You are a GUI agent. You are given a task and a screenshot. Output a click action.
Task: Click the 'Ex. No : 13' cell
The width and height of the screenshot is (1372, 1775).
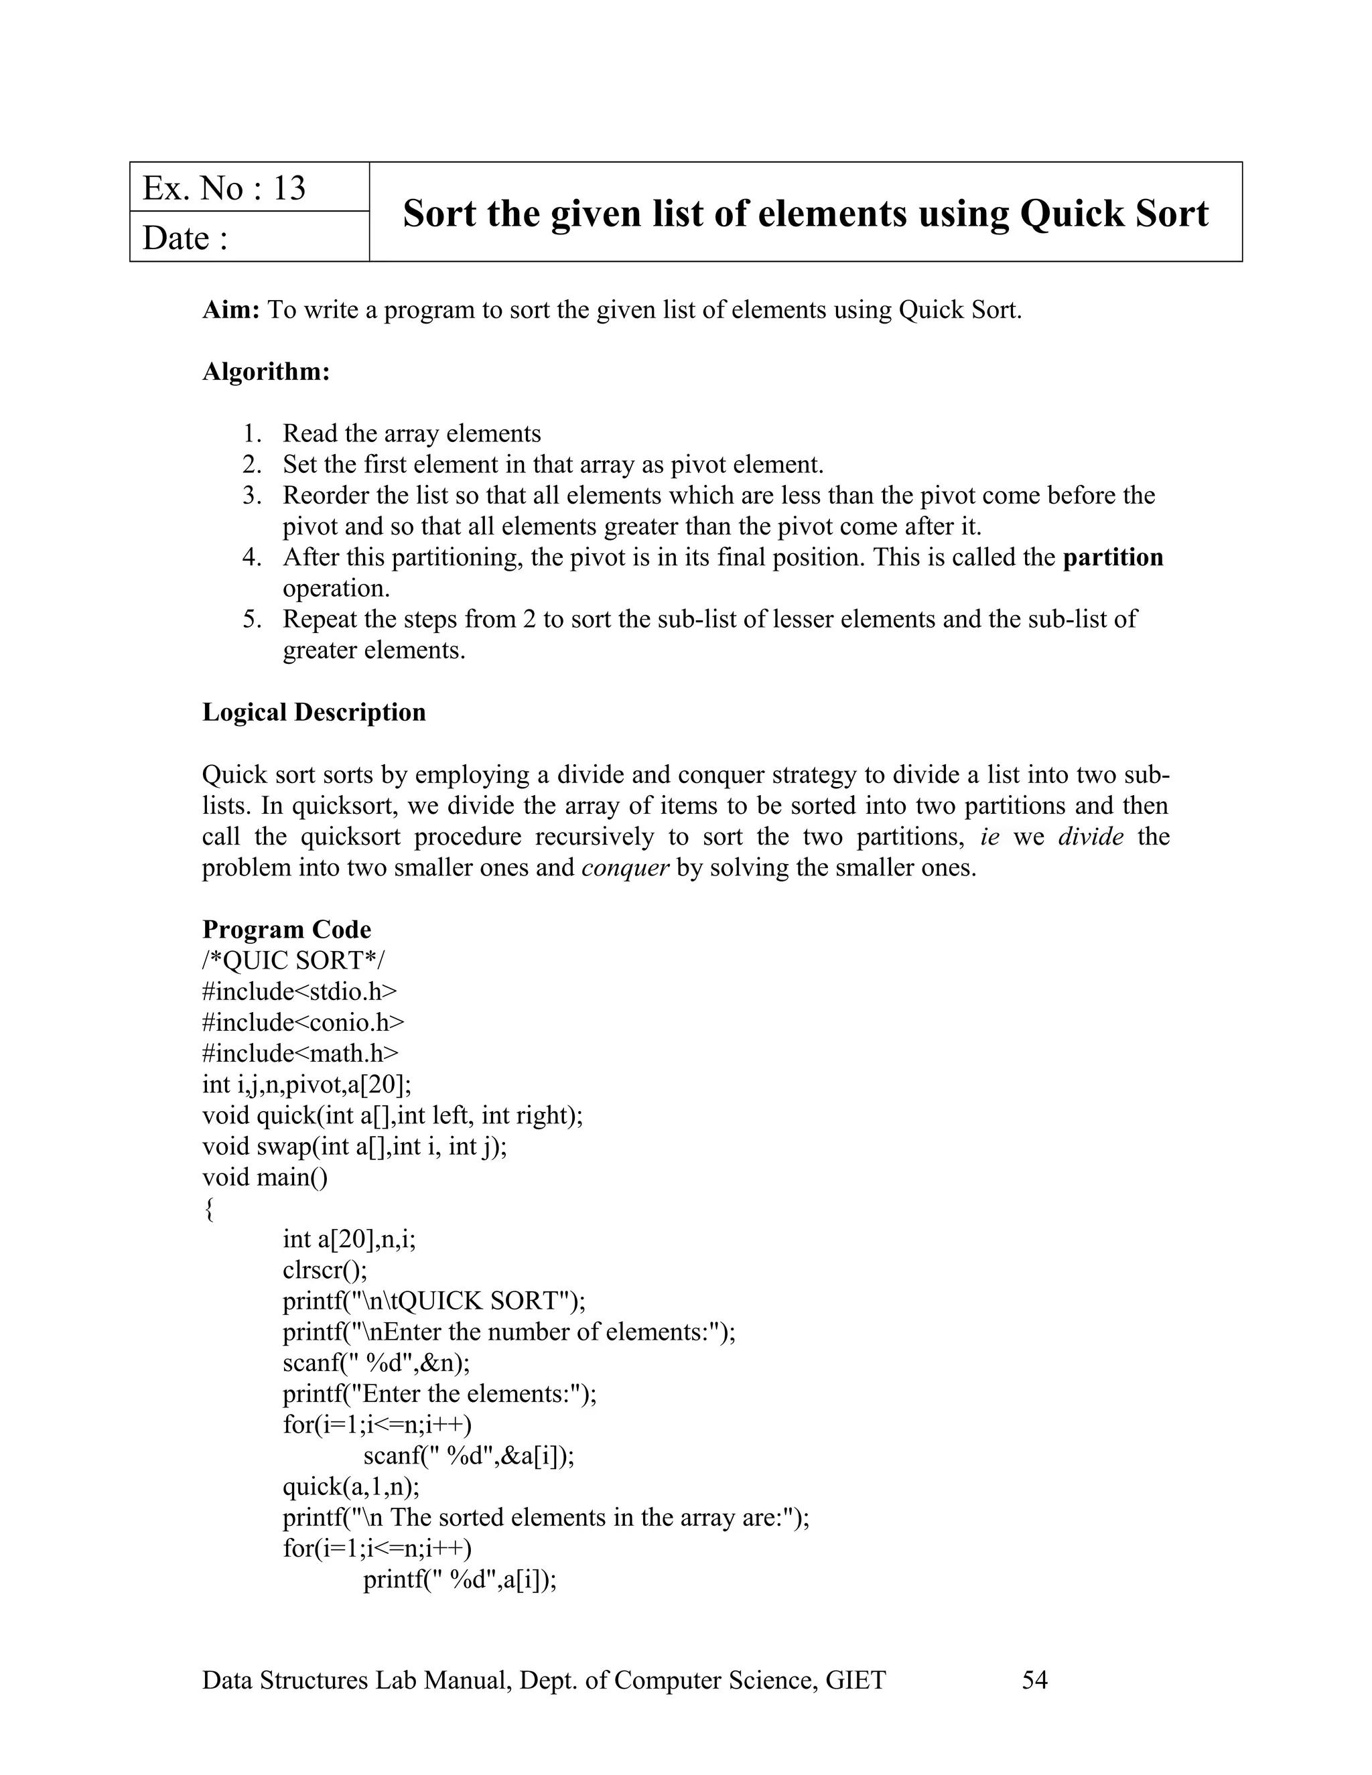point(224,188)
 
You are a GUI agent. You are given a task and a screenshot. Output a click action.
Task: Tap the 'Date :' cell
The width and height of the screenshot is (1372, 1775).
point(186,238)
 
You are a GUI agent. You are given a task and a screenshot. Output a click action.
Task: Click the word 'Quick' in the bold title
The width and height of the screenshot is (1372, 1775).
point(1067,214)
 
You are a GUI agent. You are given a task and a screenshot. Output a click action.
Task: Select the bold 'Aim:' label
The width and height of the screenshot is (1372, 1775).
point(230,309)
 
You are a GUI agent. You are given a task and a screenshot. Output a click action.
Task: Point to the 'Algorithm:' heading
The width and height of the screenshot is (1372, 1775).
point(266,372)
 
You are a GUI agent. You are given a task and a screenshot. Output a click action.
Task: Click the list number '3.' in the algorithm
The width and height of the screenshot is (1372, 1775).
point(253,495)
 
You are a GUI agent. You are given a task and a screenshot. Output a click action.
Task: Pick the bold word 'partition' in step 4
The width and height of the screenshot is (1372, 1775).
point(1113,557)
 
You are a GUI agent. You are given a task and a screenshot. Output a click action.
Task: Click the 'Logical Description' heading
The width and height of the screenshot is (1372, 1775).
point(314,712)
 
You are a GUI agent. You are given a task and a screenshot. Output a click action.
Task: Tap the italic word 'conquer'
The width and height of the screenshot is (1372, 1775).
point(625,867)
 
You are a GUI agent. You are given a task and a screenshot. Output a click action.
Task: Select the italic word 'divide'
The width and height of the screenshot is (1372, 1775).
point(1090,837)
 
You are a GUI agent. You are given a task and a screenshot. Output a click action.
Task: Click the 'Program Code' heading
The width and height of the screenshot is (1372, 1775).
point(286,929)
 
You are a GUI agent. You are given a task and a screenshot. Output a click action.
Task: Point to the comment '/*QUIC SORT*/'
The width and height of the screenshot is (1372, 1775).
point(293,961)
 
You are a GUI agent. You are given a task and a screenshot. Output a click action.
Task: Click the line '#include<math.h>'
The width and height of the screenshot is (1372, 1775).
point(300,1054)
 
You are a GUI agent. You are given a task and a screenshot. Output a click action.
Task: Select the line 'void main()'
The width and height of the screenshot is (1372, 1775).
point(265,1177)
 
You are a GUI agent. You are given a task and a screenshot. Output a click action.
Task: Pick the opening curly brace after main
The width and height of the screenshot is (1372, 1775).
point(209,1209)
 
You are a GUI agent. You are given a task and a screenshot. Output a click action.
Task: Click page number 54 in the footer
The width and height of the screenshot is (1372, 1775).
point(1034,1680)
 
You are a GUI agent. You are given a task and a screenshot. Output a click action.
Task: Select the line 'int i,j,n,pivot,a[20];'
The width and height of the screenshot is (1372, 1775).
point(306,1084)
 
